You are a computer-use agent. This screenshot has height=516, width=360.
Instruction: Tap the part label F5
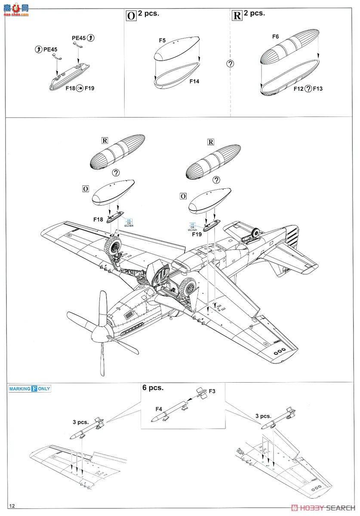162,40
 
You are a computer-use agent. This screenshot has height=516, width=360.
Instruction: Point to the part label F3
212,391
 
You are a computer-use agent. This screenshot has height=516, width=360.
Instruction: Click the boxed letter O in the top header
131,15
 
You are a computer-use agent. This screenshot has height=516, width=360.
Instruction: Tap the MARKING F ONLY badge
30,389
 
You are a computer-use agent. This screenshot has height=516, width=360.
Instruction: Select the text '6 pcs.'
153,387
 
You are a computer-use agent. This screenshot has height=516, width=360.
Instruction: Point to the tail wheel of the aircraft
256,233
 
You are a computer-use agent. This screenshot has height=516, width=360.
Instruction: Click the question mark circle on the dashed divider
231,64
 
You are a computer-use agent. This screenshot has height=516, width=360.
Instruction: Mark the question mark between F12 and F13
308,89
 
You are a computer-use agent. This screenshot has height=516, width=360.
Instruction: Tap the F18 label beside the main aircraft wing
98,219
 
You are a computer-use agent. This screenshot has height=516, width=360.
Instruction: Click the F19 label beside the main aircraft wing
197,235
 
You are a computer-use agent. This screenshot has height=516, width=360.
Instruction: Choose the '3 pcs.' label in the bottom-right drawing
263,416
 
